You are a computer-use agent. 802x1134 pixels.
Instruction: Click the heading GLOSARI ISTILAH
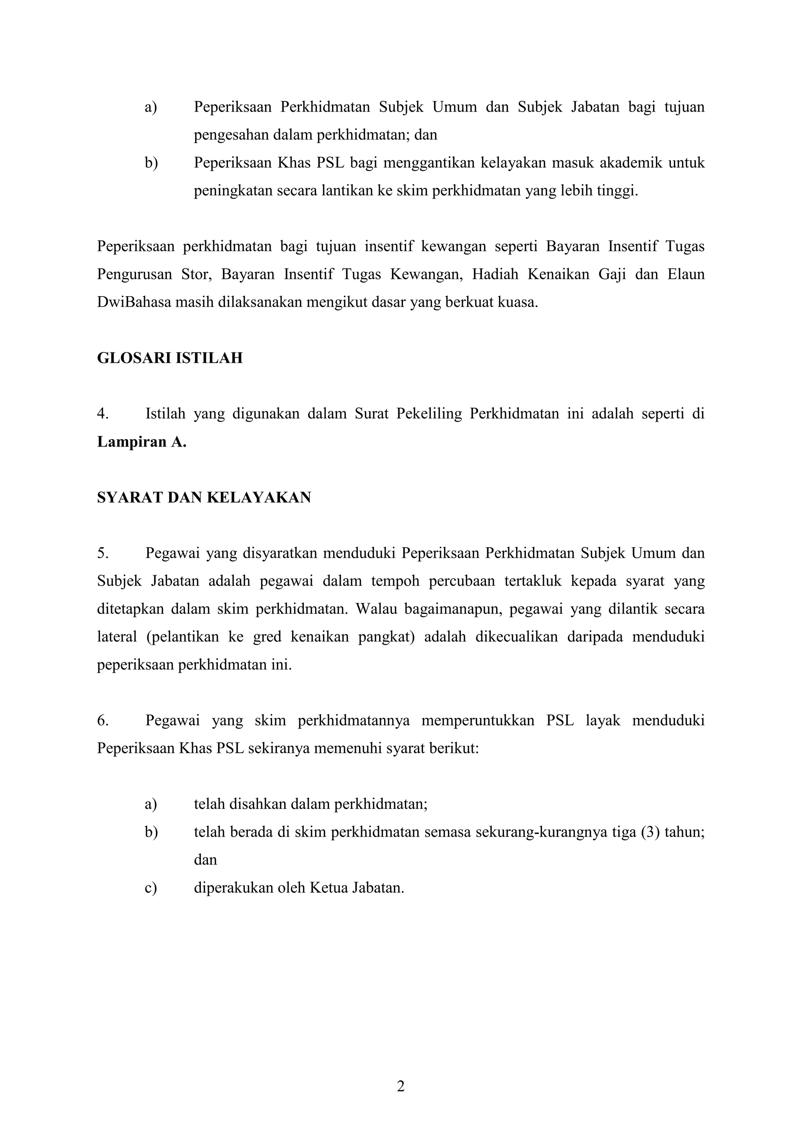coord(170,358)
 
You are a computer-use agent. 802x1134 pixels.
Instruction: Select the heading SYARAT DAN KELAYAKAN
coord(204,497)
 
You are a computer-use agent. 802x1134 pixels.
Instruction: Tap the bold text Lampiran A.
coord(142,441)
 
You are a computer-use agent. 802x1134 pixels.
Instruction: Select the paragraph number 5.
coord(102,553)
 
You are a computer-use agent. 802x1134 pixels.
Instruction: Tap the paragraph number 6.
coord(102,721)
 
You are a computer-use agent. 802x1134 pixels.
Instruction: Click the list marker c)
coord(151,888)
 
